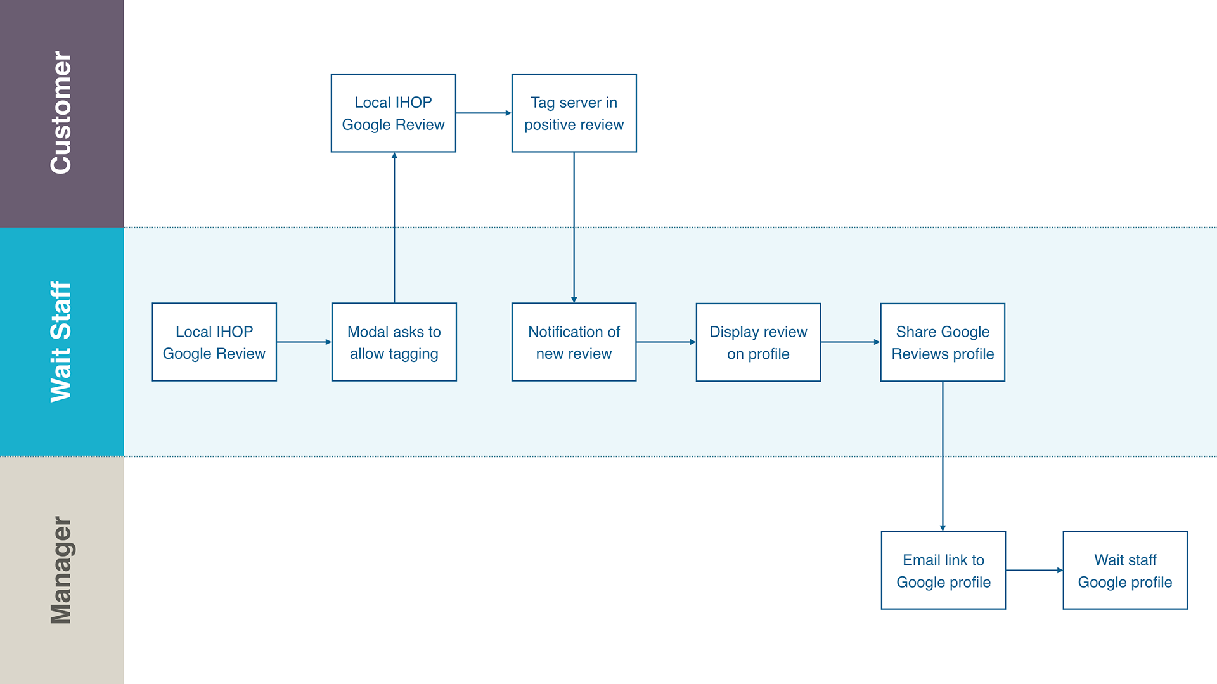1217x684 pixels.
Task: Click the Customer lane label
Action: pos(61,112)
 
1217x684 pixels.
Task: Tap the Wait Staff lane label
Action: pos(61,342)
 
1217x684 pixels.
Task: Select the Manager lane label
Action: pos(61,570)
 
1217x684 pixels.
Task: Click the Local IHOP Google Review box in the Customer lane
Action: pos(393,113)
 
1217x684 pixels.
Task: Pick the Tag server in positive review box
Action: pos(574,113)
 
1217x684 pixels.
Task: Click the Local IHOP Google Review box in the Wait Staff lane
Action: pos(214,342)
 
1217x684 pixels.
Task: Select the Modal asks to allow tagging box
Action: pos(394,342)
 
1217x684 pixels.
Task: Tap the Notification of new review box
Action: pos(574,342)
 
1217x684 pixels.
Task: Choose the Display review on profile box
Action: pos(758,342)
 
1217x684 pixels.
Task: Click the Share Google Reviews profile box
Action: pos(943,342)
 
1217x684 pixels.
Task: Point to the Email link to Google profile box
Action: pos(943,571)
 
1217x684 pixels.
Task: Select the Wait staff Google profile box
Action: pos(1125,571)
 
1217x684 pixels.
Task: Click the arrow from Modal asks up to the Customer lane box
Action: pos(394,228)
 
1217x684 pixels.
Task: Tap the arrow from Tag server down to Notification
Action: pos(574,228)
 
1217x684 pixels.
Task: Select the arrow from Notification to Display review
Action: pos(666,342)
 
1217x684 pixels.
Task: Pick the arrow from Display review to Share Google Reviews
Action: pos(851,342)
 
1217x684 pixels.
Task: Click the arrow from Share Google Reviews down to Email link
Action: pos(943,456)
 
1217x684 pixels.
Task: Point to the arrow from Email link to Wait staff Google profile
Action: pos(1034,571)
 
